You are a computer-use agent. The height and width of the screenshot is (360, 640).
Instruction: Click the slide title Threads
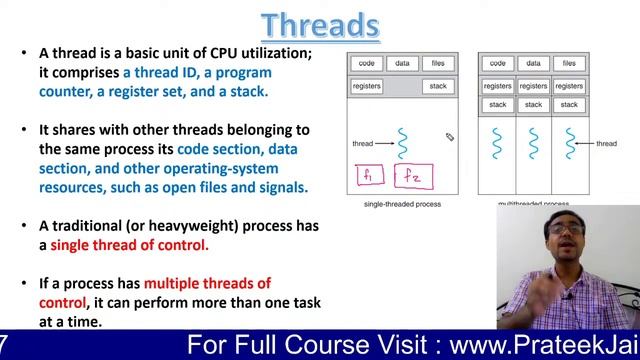pos(320,24)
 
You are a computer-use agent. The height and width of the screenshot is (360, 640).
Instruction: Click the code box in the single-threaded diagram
pos(366,63)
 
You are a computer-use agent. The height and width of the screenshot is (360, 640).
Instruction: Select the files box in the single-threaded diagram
pos(437,63)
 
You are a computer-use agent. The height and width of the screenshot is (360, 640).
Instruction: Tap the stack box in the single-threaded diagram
pos(437,86)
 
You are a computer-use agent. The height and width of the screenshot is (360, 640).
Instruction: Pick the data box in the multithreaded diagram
pos(533,63)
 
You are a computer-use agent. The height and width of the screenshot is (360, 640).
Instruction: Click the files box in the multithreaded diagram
pos(568,63)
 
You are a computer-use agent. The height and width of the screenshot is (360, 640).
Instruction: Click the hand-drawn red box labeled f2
pos(411,178)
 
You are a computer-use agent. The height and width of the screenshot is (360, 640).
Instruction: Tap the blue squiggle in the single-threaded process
pos(402,143)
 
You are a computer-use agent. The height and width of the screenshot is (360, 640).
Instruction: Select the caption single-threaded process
pos(401,204)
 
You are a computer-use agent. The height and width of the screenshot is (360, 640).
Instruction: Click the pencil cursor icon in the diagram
pos(450,137)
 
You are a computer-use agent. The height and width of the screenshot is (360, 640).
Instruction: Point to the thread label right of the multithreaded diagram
pos(606,144)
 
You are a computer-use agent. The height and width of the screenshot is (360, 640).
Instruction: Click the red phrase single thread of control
pos(129,245)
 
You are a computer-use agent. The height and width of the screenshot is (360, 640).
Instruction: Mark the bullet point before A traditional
pos(24,226)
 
